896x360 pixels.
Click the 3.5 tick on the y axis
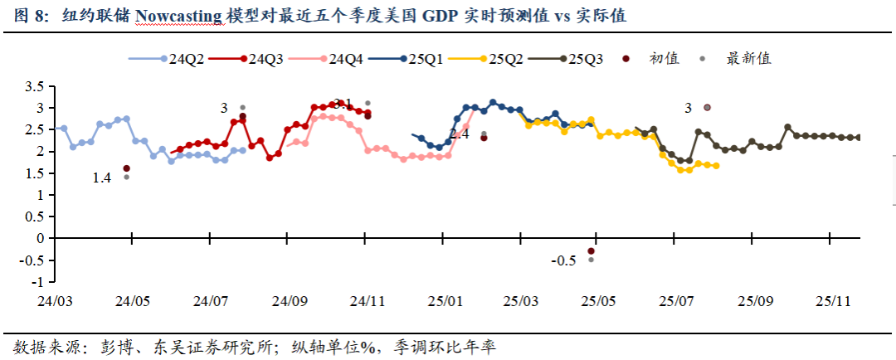pos(34,87)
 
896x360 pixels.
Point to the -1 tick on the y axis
pos(38,280)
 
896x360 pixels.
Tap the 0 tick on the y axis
pos(40,238)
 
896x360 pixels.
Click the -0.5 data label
pos(563,260)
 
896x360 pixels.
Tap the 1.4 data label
pos(102,178)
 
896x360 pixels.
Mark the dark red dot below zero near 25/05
pos(591,251)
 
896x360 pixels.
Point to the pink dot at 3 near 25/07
pos(707,107)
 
